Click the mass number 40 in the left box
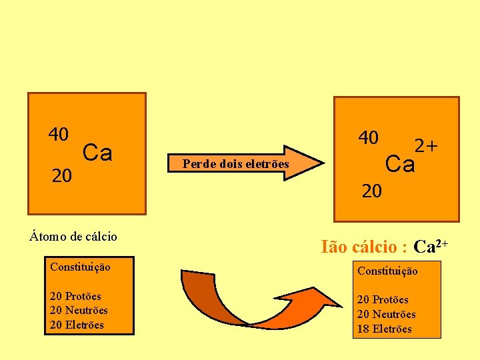click(x=58, y=135)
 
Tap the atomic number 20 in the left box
click(x=62, y=176)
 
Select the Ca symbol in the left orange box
click(x=97, y=153)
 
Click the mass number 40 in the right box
click(x=368, y=138)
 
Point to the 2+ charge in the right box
click(x=426, y=145)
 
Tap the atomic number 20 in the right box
click(x=372, y=192)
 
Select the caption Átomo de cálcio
click(x=73, y=237)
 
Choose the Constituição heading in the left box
click(x=80, y=267)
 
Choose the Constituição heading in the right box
click(x=387, y=271)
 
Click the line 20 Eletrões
click(x=77, y=325)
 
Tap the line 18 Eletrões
click(x=385, y=329)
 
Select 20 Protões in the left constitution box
click(x=75, y=296)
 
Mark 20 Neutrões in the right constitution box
click(x=386, y=314)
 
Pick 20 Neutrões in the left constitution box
click(x=79, y=311)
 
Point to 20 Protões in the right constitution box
click(x=383, y=299)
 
